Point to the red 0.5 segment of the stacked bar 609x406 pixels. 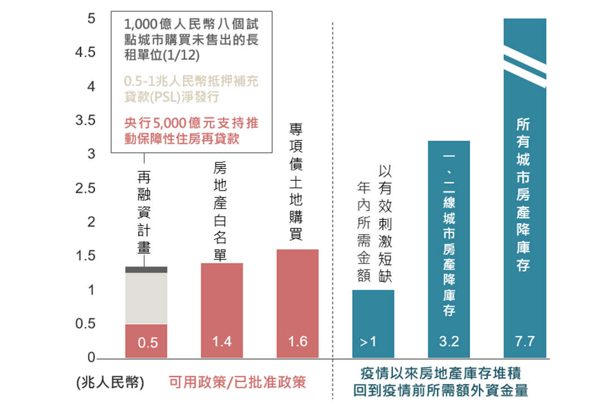click(x=146, y=341)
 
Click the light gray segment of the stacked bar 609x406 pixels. click(x=146, y=299)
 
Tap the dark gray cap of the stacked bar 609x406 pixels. click(x=146, y=270)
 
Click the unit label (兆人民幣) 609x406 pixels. click(x=110, y=382)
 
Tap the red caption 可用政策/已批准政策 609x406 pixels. click(x=237, y=382)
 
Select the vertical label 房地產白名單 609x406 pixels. click(x=220, y=211)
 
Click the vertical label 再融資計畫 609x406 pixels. click(x=144, y=213)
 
